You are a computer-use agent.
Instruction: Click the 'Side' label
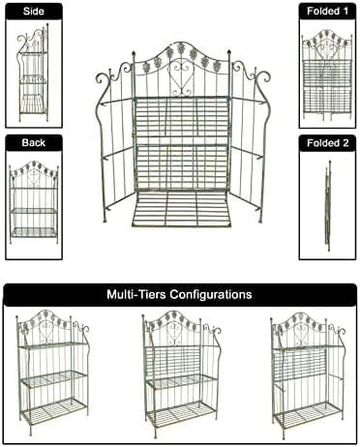point(34,12)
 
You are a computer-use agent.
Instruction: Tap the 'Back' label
point(34,142)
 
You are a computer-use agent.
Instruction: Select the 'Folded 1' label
point(327,12)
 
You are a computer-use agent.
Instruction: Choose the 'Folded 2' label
point(327,143)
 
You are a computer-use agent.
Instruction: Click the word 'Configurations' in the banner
point(211,294)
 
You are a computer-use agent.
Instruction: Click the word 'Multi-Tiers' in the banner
point(136,294)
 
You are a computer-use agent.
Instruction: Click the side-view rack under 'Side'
point(33,73)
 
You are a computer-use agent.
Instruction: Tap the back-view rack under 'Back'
point(34,201)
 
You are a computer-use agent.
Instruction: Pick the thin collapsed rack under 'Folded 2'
point(328,205)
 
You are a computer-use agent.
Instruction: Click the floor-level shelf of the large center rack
point(181,209)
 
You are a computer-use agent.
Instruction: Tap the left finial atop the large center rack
point(133,53)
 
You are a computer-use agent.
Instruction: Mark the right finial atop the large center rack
point(229,52)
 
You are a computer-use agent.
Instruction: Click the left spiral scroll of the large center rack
point(103,78)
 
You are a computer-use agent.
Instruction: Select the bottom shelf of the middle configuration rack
point(181,413)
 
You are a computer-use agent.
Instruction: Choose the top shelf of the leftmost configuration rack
point(52,344)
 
